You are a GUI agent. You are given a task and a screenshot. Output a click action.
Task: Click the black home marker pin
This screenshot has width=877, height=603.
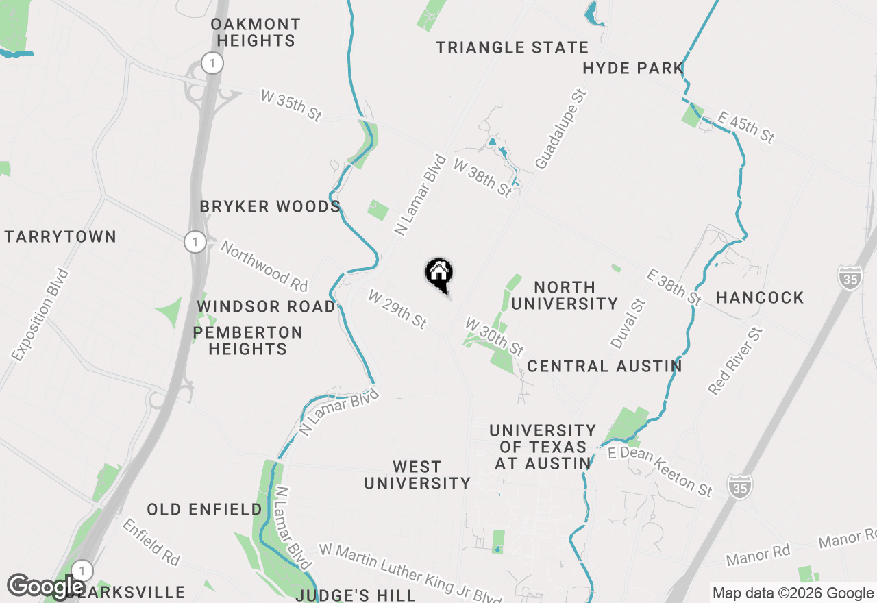click(x=439, y=274)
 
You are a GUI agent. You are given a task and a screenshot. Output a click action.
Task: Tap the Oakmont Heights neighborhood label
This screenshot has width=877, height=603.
click(x=255, y=32)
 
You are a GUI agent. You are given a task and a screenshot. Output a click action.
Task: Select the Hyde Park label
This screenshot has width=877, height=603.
click(x=633, y=68)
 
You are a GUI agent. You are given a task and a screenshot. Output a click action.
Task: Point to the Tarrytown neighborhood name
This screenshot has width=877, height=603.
click(x=60, y=237)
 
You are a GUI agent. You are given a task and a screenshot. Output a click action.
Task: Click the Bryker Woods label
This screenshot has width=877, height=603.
click(x=270, y=206)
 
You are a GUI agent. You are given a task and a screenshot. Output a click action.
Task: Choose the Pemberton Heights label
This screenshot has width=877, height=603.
click(x=247, y=341)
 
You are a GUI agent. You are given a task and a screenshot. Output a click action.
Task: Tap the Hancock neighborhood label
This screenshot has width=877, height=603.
click(x=760, y=297)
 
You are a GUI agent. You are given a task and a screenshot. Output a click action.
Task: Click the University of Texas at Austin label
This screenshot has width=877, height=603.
click(x=543, y=447)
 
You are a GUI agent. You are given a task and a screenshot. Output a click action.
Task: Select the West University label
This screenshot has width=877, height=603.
click(x=417, y=475)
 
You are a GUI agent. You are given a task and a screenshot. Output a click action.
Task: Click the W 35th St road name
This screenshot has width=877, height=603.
click(x=291, y=106)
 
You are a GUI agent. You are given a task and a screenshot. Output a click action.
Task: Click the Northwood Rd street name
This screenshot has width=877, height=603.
click(x=264, y=266)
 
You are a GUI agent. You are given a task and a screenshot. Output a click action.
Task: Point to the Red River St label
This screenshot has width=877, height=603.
click(x=735, y=361)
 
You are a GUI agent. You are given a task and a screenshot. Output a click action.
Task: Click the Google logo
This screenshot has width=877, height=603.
click(x=46, y=587)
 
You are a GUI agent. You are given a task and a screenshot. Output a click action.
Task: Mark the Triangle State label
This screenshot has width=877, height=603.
click(x=512, y=47)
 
